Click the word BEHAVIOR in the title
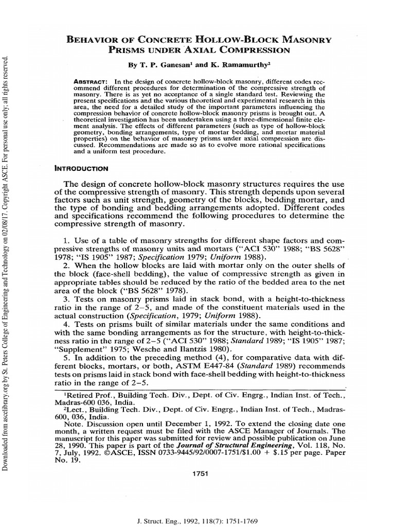94,40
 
